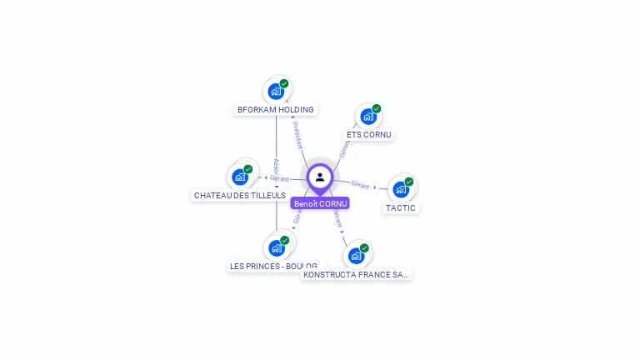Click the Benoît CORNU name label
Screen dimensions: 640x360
coord(320,203)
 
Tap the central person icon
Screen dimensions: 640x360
coord(320,177)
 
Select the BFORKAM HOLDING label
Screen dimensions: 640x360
coord(275,109)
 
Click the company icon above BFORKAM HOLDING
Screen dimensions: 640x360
coord(276,92)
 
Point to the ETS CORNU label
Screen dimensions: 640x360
coord(368,134)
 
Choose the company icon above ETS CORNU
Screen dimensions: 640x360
coord(368,117)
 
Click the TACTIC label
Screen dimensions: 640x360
coord(401,207)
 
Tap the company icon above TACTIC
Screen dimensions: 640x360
coord(401,189)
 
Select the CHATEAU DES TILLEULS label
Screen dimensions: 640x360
coord(240,195)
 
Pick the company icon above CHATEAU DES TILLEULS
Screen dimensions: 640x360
coord(240,177)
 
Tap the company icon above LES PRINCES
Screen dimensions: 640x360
coord(277,247)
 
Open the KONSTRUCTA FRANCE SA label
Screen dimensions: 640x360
coord(356,274)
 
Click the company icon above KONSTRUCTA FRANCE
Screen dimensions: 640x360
coord(356,255)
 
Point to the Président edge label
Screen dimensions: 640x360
coord(297,135)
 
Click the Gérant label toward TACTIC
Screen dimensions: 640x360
coord(360,184)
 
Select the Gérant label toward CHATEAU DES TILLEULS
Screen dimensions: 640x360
coord(279,178)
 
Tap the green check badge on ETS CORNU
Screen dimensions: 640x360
coord(377,108)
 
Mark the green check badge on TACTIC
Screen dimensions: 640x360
coord(409,181)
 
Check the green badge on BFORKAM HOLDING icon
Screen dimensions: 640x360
coord(284,83)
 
